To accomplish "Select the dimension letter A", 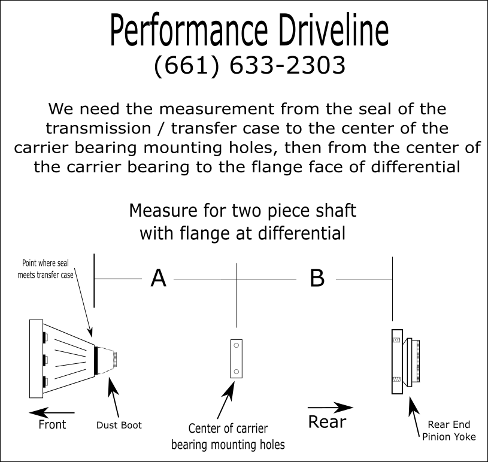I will point(158,278).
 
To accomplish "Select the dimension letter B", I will point(317,278).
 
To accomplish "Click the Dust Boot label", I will point(119,425).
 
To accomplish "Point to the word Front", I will point(52,424).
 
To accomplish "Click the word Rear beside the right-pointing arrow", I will point(327,421).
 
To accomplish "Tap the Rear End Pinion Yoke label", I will point(448,431).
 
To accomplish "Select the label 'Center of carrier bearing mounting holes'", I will point(228,436).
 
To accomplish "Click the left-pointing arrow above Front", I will point(51,412).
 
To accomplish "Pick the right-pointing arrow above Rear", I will point(330,408).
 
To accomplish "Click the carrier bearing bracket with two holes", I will point(236,359).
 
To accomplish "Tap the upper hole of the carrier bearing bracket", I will point(236,346).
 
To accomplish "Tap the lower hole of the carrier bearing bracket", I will point(236,372).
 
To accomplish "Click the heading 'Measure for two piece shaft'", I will point(243,211).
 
